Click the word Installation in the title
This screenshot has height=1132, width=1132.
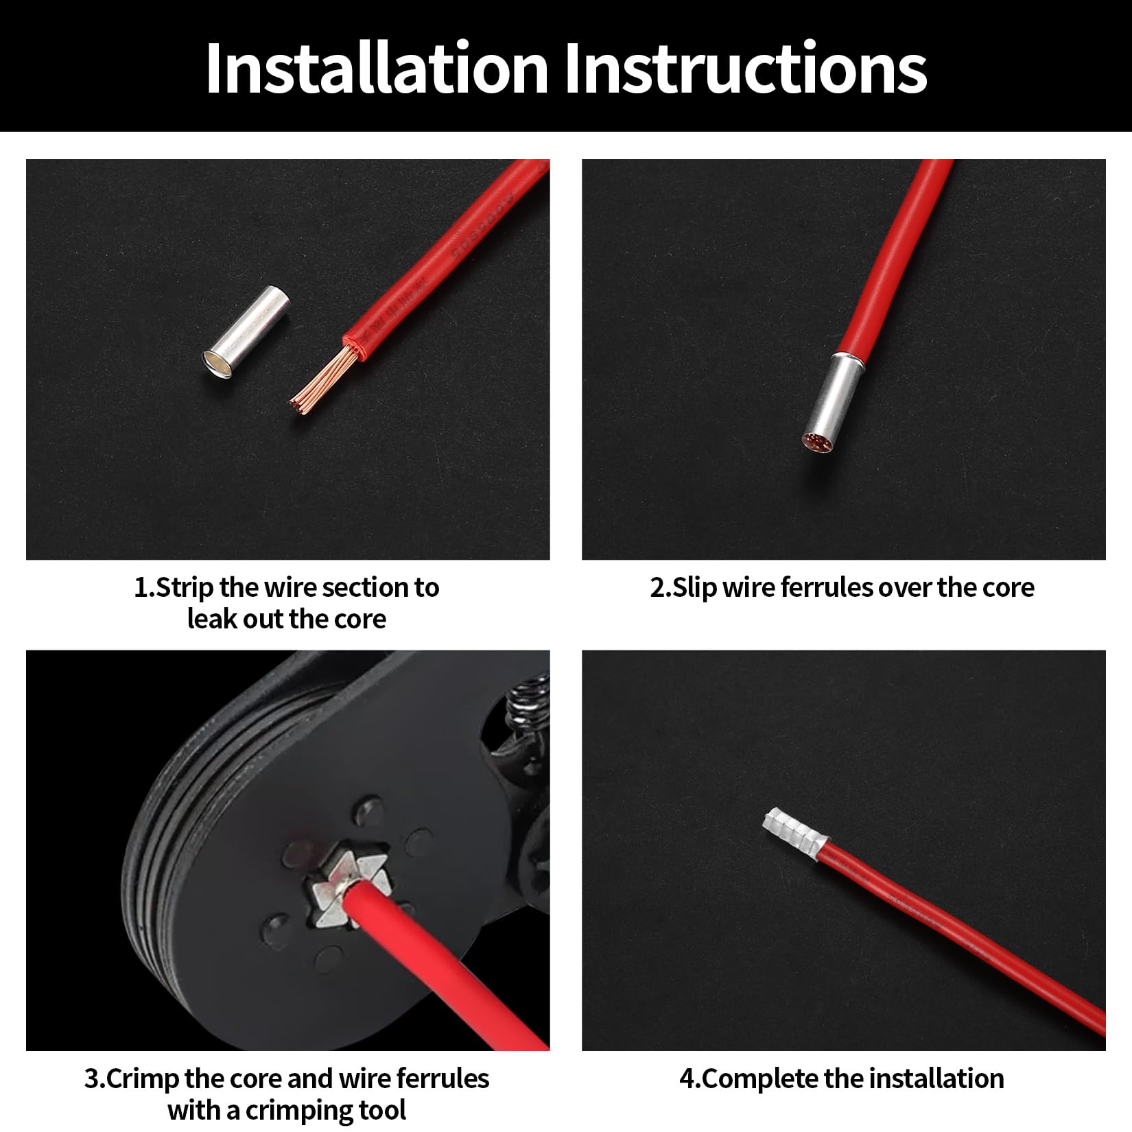point(376,68)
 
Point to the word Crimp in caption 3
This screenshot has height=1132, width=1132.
point(143,1078)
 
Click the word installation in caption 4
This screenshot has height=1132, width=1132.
point(939,1078)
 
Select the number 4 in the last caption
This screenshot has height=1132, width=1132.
point(687,1078)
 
